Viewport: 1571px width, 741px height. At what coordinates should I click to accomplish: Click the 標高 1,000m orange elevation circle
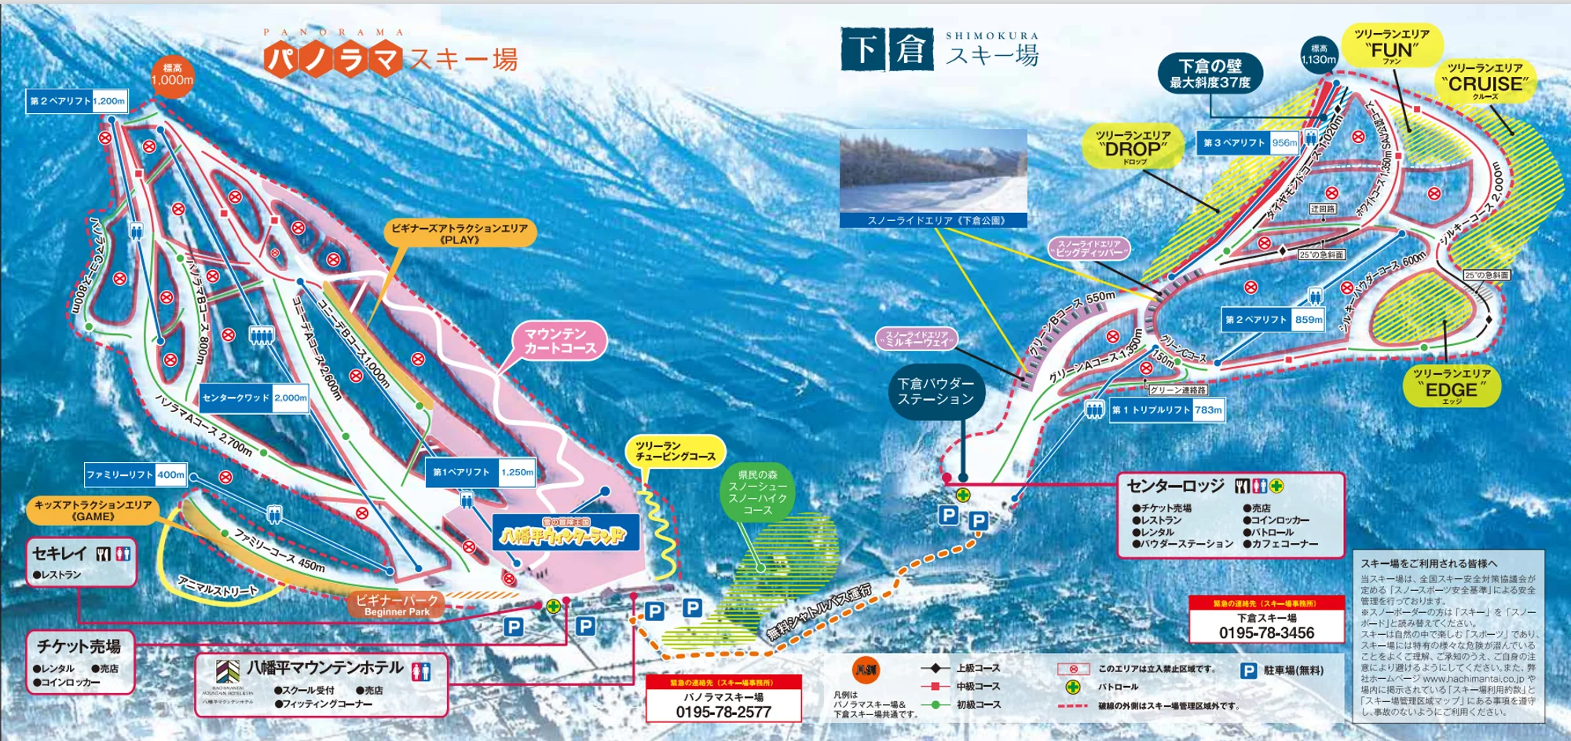(x=172, y=75)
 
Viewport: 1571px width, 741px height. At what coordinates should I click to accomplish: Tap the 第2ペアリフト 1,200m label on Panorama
(x=77, y=101)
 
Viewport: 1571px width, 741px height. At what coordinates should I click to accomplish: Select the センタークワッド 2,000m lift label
(x=254, y=398)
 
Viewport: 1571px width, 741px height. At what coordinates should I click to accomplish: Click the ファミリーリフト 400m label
(x=136, y=475)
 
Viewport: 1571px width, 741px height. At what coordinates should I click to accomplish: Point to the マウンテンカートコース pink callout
(x=559, y=341)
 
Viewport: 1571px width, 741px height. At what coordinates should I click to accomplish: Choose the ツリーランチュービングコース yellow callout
(x=675, y=451)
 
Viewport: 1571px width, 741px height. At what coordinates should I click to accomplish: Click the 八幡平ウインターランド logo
(x=565, y=535)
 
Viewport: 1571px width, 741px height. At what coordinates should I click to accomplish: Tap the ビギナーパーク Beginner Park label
(x=397, y=604)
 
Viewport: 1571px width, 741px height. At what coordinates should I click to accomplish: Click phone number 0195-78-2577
(x=723, y=712)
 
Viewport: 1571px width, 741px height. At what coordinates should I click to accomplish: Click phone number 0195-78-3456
(x=1266, y=633)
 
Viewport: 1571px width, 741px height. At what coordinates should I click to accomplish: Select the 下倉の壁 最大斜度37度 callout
(x=1210, y=74)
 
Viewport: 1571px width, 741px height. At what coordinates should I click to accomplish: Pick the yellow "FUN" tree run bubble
(x=1391, y=46)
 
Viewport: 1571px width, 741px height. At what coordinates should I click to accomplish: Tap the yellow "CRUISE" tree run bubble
(x=1485, y=80)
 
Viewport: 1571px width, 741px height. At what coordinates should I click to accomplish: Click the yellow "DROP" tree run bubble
(x=1133, y=146)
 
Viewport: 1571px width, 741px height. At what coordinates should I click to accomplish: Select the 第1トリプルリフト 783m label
(x=1166, y=409)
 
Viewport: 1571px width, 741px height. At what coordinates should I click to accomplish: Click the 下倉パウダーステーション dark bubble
(x=936, y=391)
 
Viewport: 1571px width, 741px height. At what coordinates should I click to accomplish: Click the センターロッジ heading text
(x=1175, y=486)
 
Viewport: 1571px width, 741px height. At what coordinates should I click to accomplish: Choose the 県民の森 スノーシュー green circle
(x=757, y=493)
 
